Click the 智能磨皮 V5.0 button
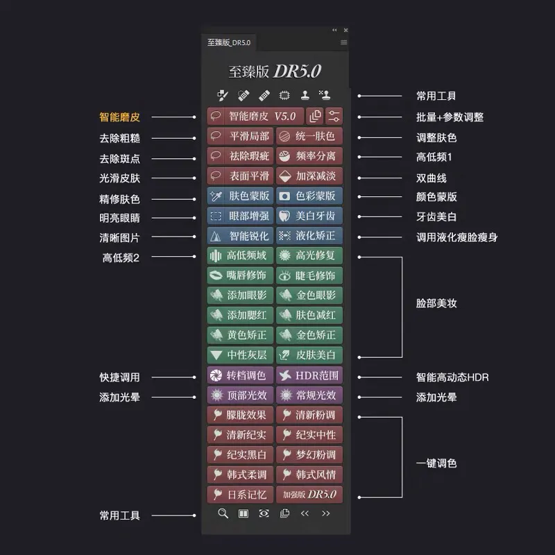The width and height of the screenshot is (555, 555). pyautogui.click(x=255, y=117)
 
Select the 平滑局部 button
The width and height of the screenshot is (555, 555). pyautogui.click(x=240, y=136)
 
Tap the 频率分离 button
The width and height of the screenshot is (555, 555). pyautogui.click(x=309, y=156)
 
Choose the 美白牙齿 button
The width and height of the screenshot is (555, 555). pyautogui.click(x=309, y=216)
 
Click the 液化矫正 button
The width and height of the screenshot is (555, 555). pyautogui.click(x=309, y=236)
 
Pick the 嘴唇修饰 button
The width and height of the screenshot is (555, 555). pyautogui.click(x=240, y=275)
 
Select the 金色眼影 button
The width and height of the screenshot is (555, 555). pyautogui.click(x=309, y=296)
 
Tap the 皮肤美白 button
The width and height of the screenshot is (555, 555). pyautogui.click(x=309, y=355)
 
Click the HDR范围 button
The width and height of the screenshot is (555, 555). pyautogui.click(x=309, y=376)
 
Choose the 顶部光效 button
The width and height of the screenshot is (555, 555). pyautogui.click(x=240, y=395)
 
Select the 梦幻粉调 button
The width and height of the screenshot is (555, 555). pyautogui.click(x=309, y=455)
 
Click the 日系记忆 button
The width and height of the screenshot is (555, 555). pyautogui.click(x=240, y=495)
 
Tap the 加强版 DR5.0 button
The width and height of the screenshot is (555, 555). pyautogui.click(x=309, y=495)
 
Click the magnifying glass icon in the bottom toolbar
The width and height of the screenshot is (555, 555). pyautogui.click(x=223, y=514)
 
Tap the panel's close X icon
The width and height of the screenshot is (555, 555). pyautogui.click(x=346, y=30)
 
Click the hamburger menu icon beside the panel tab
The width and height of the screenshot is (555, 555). pyautogui.click(x=343, y=43)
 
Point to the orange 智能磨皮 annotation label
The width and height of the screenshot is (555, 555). pyautogui.click(x=119, y=117)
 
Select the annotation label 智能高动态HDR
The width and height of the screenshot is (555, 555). pyautogui.click(x=452, y=377)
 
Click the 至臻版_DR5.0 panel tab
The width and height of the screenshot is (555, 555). pyautogui.click(x=229, y=43)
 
